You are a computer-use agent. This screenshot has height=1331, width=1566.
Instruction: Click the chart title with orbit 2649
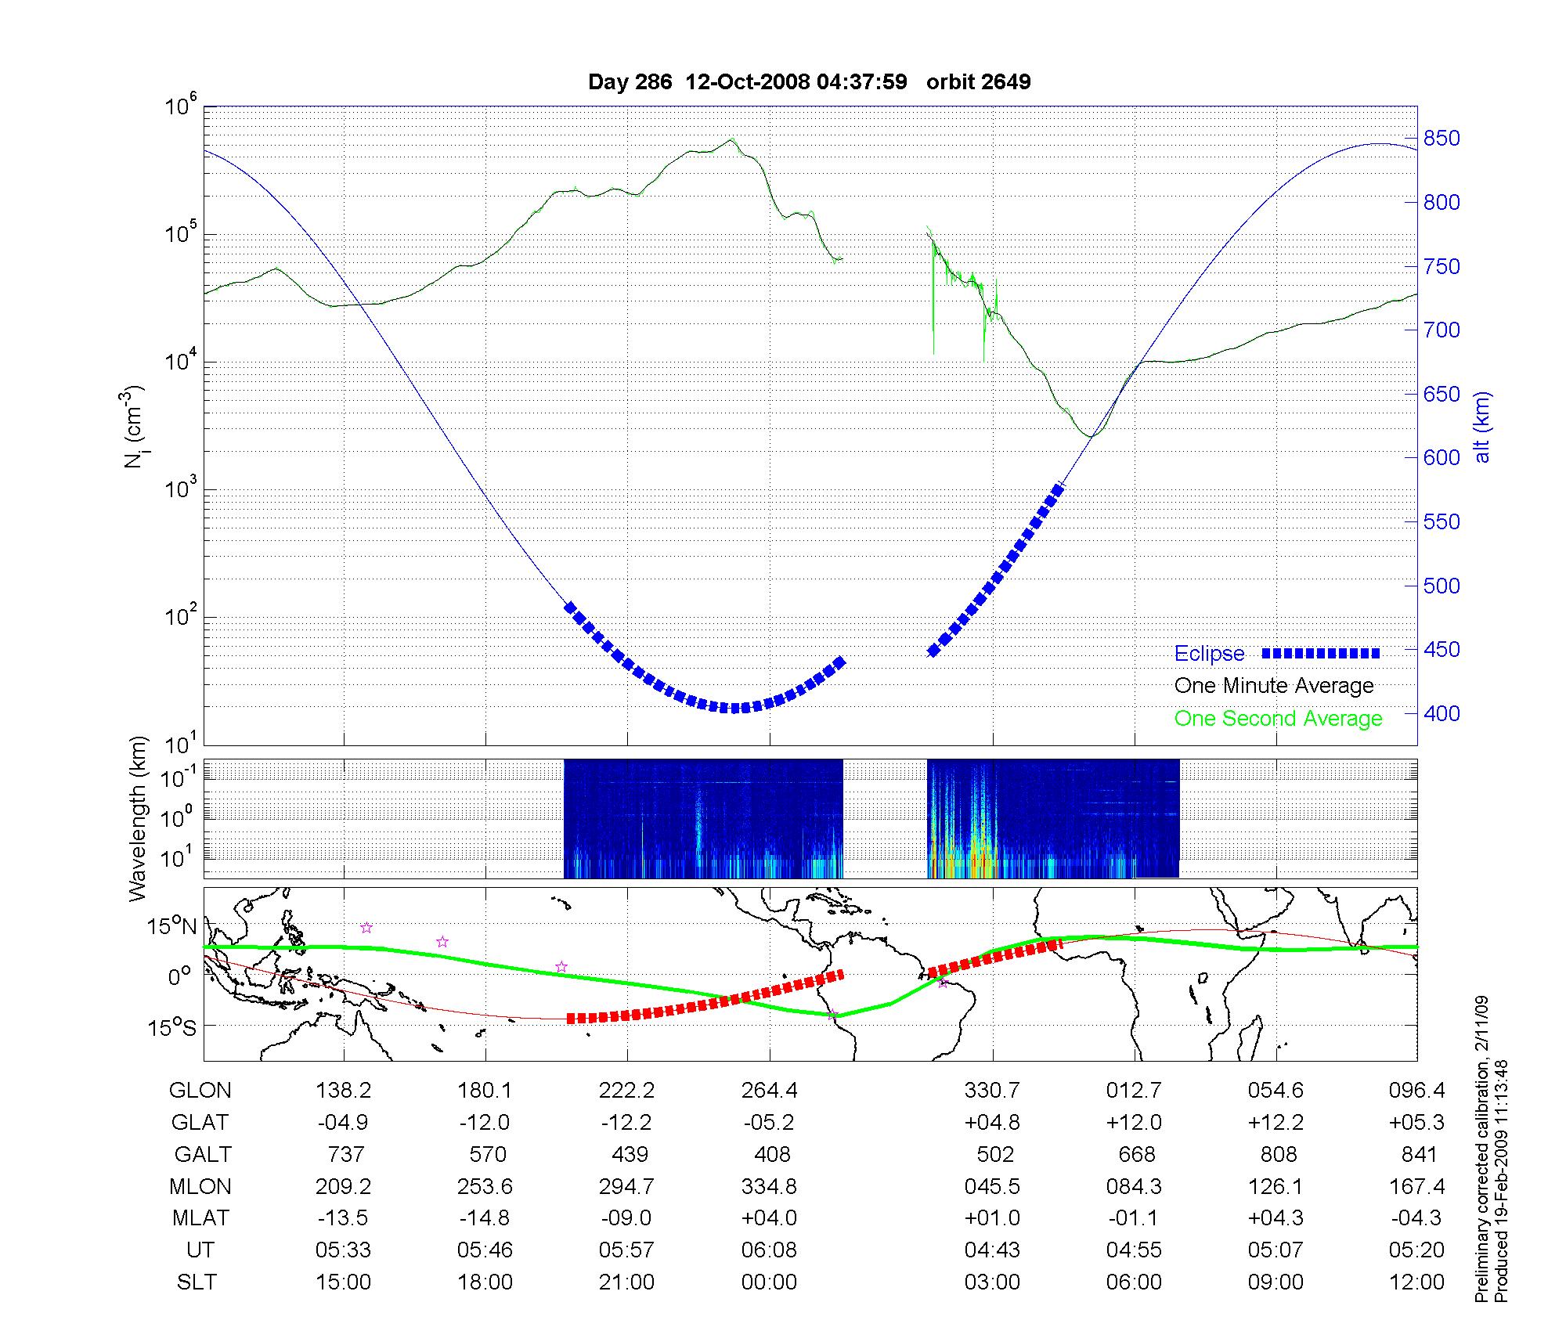[x=809, y=81]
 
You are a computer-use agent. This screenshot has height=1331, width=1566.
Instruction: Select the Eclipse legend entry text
[x=1209, y=654]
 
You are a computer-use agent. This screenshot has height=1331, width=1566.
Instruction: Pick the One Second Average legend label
[x=1278, y=719]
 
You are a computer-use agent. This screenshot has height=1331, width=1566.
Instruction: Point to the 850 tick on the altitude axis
[x=1442, y=139]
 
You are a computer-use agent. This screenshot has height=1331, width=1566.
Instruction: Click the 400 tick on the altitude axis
[x=1442, y=713]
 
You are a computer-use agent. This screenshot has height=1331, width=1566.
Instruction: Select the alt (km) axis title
[x=1482, y=427]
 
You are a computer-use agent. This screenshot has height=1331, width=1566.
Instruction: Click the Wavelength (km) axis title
[x=138, y=818]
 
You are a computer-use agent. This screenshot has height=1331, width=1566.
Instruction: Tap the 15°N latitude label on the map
[x=171, y=926]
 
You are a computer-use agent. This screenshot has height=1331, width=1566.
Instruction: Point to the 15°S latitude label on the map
[x=171, y=1027]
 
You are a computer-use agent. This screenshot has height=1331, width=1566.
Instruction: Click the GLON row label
[x=200, y=1091]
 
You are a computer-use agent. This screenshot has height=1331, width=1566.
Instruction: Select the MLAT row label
[x=200, y=1218]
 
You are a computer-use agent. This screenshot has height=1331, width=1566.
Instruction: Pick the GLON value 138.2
[x=344, y=1091]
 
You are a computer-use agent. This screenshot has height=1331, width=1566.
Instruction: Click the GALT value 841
[x=1419, y=1155]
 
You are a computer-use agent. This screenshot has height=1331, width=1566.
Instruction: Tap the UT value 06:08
[x=769, y=1250]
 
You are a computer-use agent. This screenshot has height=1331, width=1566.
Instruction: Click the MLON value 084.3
[x=1134, y=1187]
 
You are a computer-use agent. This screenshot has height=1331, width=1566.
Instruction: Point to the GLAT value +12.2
[x=1276, y=1123]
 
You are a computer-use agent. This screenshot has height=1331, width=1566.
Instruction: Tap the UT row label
[x=200, y=1250]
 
